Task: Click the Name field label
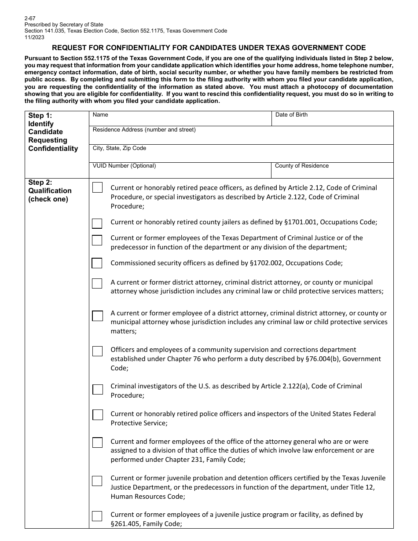pos(100,115)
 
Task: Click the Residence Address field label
pos(144,130)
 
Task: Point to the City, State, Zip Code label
pos(119,148)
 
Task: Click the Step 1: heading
pos(40,116)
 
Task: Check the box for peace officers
pos(97,188)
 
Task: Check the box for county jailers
pos(97,223)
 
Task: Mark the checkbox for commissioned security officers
pos(97,263)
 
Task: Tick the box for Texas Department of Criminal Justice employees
pos(97,240)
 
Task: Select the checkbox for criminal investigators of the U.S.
pos(97,389)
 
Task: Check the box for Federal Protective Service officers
pos(97,415)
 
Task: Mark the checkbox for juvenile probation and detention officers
pos(97,481)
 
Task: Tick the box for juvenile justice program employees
pos(97,516)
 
